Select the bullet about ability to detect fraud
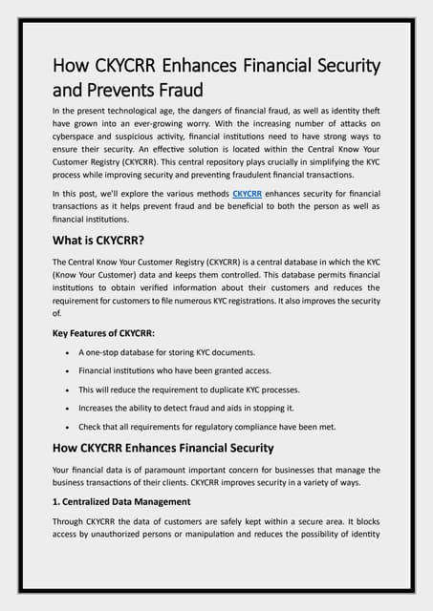[x=195, y=408]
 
